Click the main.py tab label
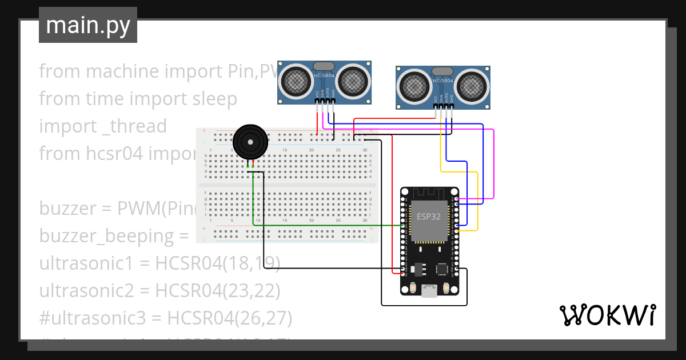click(87, 25)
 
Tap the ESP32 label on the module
click(428, 217)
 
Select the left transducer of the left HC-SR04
click(296, 81)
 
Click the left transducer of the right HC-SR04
click(415, 86)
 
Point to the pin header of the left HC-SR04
click(325, 101)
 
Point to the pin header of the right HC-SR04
click(444, 106)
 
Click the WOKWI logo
click(607, 315)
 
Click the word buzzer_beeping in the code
click(109, 236)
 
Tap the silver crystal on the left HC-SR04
click(324, 67)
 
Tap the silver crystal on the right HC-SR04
click(442, 71)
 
